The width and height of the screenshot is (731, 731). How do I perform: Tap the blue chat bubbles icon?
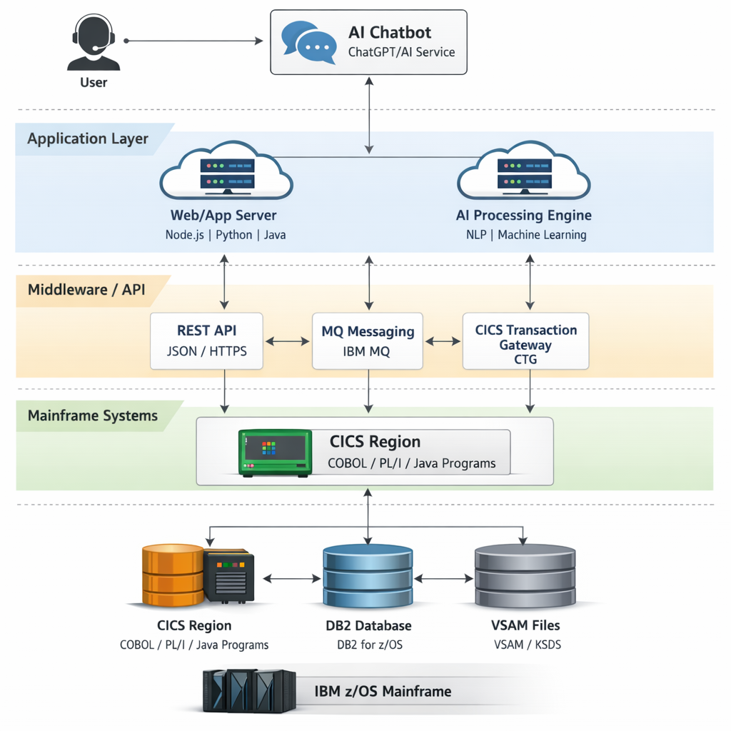coord(308,42)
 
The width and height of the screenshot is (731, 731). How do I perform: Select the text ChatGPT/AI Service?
coord(401,52)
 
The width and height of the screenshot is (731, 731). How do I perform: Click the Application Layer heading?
coord(88,139)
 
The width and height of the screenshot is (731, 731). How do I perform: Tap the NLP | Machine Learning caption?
coord(521,235)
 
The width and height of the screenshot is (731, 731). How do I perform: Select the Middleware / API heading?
coord(86,290)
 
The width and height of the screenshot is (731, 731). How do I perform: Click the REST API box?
coord(206,341)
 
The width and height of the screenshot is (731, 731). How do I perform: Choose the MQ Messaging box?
coord(368,341)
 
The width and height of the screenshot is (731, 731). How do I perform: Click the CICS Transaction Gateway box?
coord(525,341)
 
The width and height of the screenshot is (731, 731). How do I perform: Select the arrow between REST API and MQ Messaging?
coord(288,341)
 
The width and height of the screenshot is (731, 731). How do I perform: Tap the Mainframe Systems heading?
coord(92,415)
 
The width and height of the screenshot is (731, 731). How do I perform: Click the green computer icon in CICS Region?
coord(275,453)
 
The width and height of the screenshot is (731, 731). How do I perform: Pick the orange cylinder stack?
coord(173,575)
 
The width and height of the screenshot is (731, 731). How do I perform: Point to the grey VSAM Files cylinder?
coord(525,575)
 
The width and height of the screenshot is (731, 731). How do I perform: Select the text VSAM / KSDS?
coord(526,645)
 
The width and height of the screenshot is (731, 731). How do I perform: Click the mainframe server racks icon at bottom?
coord(248,690)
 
